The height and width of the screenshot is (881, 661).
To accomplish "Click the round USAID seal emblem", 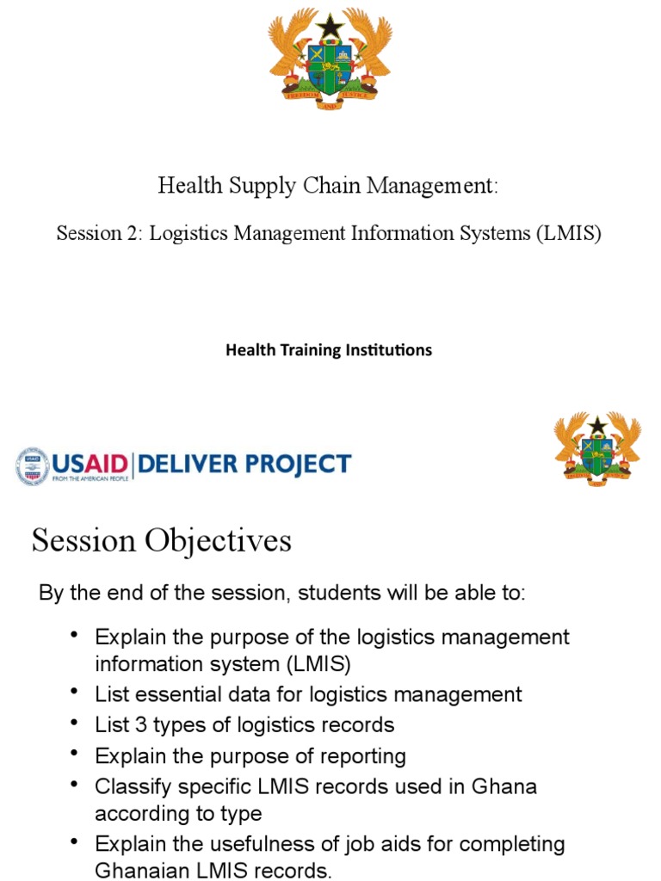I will click(32, 465).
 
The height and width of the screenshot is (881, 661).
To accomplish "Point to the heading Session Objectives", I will click(162, 541).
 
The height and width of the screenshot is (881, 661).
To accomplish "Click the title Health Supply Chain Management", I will click(328, 185).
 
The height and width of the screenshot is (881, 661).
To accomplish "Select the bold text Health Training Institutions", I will click(328, 350).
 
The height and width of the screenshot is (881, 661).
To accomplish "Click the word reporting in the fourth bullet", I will click(358, 756).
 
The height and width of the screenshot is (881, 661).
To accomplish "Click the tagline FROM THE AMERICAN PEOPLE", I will click(90, 477).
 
